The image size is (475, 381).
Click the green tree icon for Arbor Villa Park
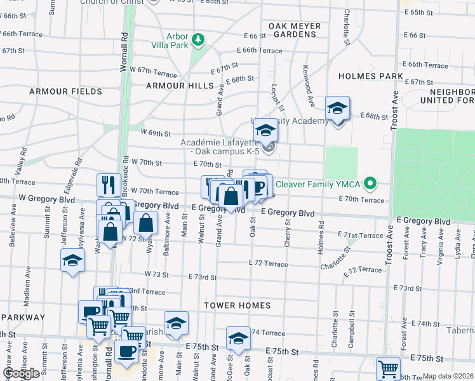coord(199,40)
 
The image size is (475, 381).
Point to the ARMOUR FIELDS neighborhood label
coord(65,92)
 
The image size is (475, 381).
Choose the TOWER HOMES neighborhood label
coord(237,305)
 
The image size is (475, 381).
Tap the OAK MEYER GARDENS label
coord(294,30)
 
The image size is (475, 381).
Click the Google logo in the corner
coord(21,373)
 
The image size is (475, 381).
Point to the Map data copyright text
coord(448,376)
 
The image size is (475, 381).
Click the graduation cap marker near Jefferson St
coord(72,260)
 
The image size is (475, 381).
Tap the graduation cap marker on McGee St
coord(238,338)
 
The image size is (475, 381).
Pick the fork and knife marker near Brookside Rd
coord(109,185)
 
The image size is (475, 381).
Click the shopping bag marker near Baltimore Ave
coord(146,223)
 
